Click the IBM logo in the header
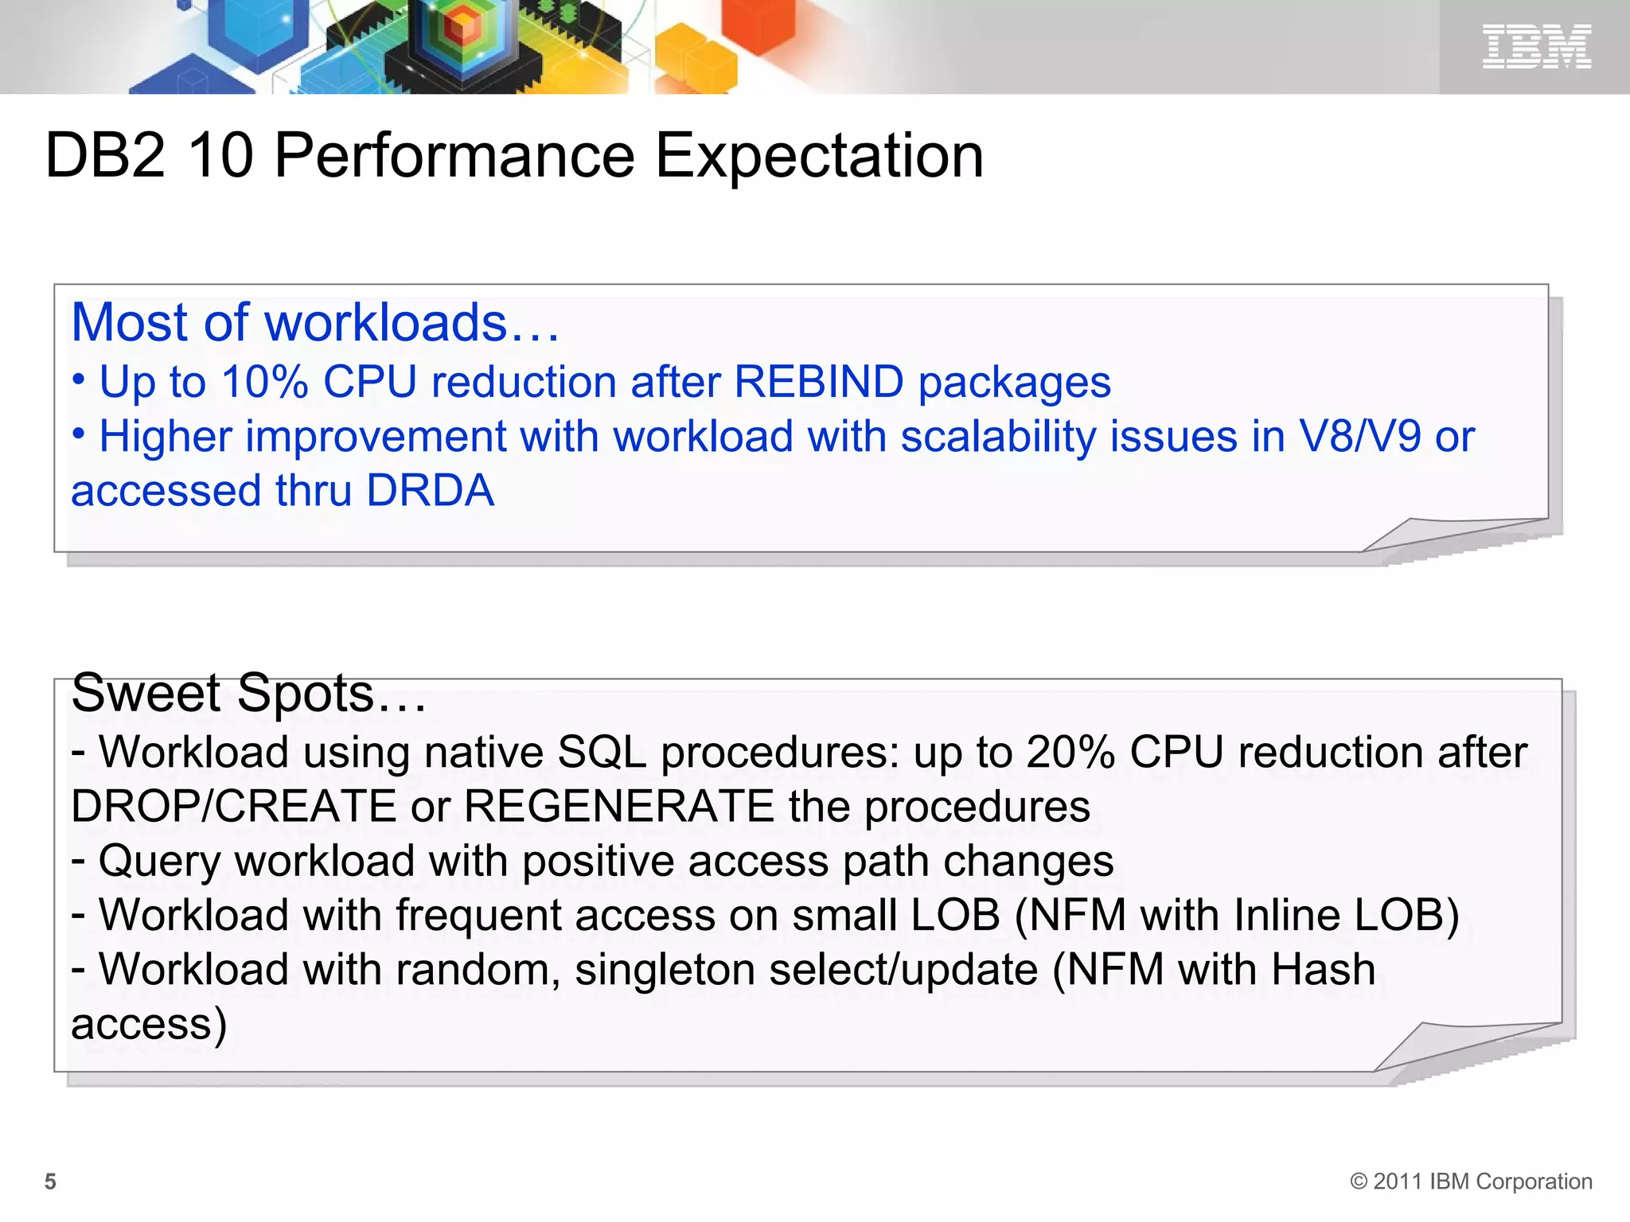[1536, 46]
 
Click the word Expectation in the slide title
[819, 155]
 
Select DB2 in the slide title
[106, 155]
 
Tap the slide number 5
[50, 1181]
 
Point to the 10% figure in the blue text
[264, 382]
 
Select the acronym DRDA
[430, 490]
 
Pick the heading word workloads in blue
[385, 323]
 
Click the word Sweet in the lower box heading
[146, 693]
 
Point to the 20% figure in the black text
[1070, 752]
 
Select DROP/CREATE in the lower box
[233, 806]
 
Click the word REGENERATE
[618, 806]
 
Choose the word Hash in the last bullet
[1323, 970]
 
